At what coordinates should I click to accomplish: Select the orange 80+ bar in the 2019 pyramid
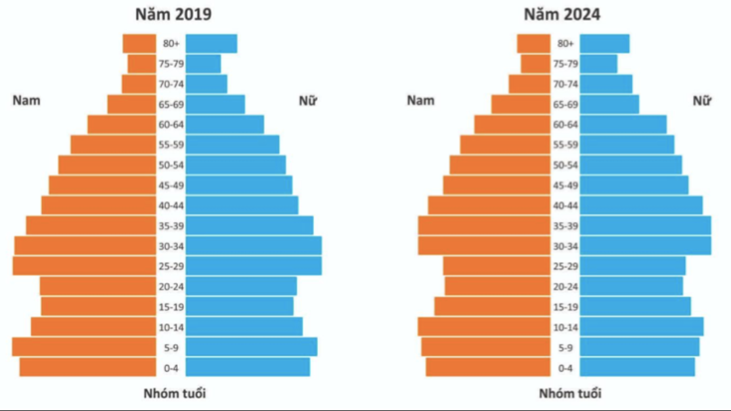pos(139,43)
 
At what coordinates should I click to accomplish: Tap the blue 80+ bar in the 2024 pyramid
pos(604,43)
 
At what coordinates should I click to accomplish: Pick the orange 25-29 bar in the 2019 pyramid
pos(84,266)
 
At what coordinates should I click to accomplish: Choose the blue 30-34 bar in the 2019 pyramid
pos(254,246)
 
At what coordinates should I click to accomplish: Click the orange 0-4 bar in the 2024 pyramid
pos(488,367)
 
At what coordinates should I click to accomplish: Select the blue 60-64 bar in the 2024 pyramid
pos(623,125)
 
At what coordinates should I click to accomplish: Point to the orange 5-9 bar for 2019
pos(84,347)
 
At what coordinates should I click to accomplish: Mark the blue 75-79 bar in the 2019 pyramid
pos(204,64)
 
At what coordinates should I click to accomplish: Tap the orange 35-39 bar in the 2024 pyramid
pos(484,225)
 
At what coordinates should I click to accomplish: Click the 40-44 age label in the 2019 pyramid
pos(171,205)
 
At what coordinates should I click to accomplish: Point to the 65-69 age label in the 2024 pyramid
pos(565,104)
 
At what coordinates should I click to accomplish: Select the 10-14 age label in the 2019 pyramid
pos(171,327)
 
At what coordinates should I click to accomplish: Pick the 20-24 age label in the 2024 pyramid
pos(565,286)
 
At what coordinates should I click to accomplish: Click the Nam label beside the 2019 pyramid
pos(26,100)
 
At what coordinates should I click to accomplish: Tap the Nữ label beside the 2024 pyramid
pos(702,100)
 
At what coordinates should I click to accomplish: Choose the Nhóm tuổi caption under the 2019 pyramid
pos(174,394)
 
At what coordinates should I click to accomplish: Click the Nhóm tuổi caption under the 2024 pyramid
pos(569,394)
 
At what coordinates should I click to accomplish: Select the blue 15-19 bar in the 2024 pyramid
pos(635,307)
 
